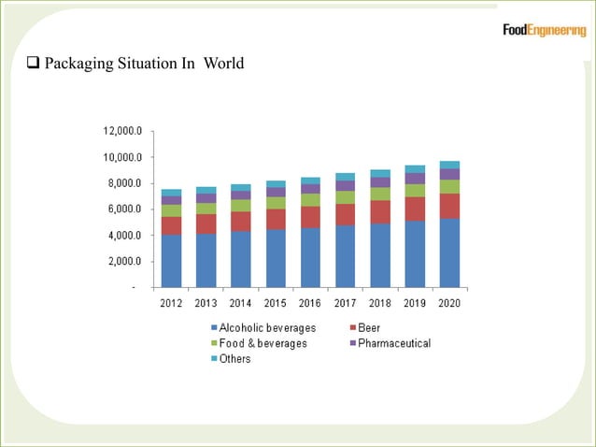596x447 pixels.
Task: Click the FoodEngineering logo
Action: pyautogui.click(x=544, y=31)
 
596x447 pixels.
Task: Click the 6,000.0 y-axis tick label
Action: pyautogui.click(x=124, y=209)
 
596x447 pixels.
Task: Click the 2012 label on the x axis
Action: pyautogui.click(x=171, y=302)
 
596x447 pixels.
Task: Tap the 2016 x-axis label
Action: pyautogui.click(x=310, y=302)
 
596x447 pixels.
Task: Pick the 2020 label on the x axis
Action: pyautogui.click(x=449, y=302)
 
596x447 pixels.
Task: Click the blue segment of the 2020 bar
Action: pyautogui.click(x=449, y=252)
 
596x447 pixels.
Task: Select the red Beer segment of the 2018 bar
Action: pyautogui.click(x=380, y=212)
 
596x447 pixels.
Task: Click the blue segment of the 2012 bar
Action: pyautogui.click(x=171, y=261)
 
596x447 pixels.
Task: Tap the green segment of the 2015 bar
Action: pyautogui.click(x=276, y=203)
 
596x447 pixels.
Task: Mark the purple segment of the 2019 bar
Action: pyautogui.click(x=415, y=179)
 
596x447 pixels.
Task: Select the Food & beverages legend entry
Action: pyautogui.click(x=262, y=343)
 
